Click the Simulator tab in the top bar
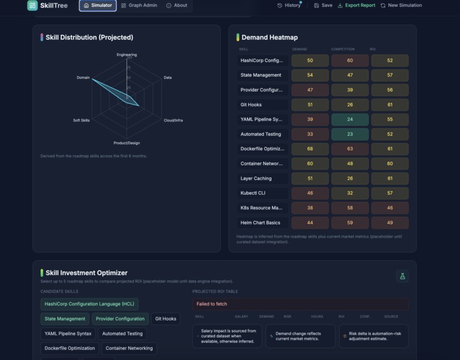tap(97, 6)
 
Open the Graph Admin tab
tap(139, 6)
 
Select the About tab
tap(177, 6)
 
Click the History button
tap(289, 6)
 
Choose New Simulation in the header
tap(401, 6)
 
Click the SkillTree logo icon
tap(33, 6)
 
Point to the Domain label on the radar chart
tap(83, 78)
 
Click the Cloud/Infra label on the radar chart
tap(173, 120)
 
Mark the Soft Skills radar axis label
tap(81, 120)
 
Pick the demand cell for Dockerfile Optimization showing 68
tap(310, 149)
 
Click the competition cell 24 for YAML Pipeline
tap(349, 119)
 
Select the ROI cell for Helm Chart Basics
tap(390, 222)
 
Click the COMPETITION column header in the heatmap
tap(342, 49)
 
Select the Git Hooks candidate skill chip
tap(166, 319)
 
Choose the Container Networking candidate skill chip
tap(129, 348)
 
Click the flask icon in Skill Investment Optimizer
tap(402, 276)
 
